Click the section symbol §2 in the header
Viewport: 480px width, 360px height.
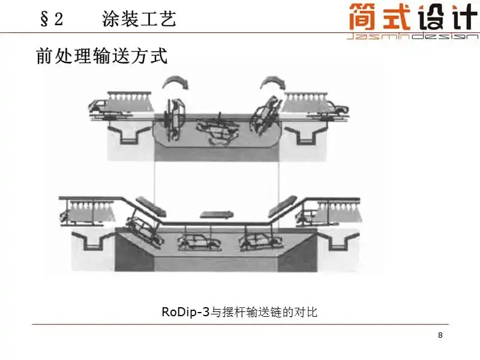[x=51, y=19]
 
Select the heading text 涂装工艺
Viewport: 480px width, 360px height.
[x=139, y=19]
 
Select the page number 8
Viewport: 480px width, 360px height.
[x=440, y=335]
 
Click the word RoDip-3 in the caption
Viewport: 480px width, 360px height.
[x=185, y=311]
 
